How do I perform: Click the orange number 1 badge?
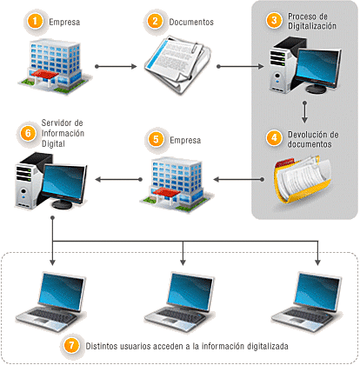pyautogui.click(x=34, y=20)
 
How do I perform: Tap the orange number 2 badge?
pyautogui.click(x=155, y=20)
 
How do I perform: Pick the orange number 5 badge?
pyautogui.click(x=156, y=138)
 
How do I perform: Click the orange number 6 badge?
pyautogui.click(x=28, y=133)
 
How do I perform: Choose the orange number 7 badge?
pyautogui.click(x=73, y=344)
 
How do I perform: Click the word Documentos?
pyautogui.click(x=192, y=20)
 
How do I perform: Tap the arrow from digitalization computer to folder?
pyautogui.click(x=305, y=112)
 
